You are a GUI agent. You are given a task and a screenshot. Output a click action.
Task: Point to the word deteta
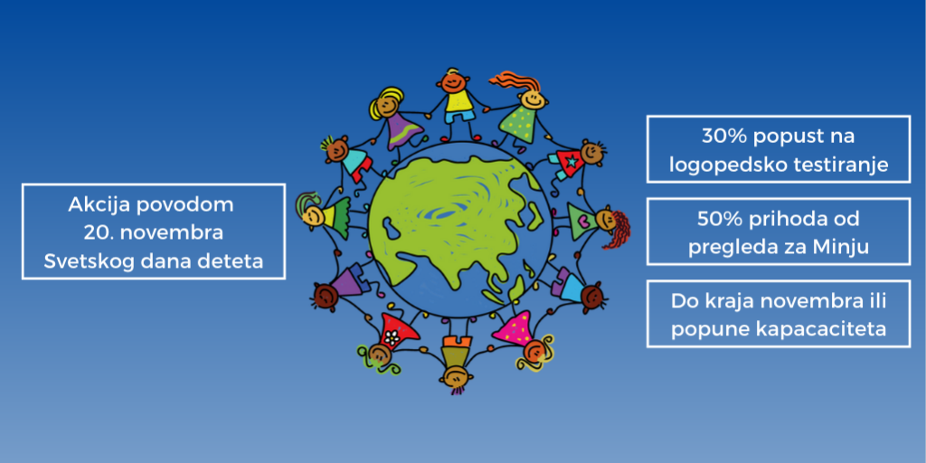[x=232, y=263]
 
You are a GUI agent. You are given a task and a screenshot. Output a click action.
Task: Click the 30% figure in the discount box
[x=720, y=137]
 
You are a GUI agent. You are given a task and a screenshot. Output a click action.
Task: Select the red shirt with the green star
[x=571, y=164]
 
